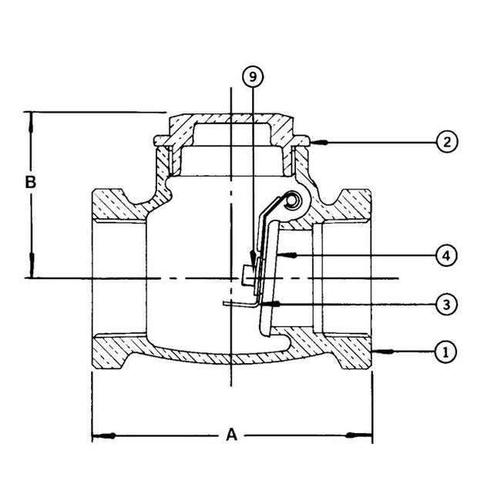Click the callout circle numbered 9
tap(253, 78)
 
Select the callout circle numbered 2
tap(446, 142)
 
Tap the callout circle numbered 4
tap(446, 254)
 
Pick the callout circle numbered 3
tap(446, 304)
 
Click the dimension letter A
tap(231, 435)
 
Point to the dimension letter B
tap(30, 183)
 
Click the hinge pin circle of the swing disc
tap(293, 201)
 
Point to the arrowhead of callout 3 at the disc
tap(264, 304)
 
